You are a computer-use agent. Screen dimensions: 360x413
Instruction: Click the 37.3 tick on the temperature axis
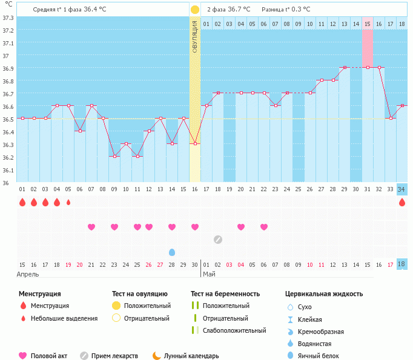point(8,18)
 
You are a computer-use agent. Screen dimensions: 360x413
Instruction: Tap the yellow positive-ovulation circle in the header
point(194,10)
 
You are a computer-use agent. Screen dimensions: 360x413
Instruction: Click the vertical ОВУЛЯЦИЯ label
point(194,37)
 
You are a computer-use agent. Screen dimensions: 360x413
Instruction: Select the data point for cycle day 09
point(114,157)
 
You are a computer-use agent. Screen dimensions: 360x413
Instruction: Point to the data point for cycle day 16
point(195,143)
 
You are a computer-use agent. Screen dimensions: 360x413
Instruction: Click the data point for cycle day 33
point(391,118)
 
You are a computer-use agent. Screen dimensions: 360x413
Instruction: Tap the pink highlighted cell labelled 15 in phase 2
point(368,24)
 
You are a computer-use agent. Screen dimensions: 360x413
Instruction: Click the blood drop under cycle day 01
point(22,202)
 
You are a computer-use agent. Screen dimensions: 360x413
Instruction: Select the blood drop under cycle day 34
point(402,202)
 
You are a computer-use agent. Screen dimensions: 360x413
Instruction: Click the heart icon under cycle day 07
point(91,227)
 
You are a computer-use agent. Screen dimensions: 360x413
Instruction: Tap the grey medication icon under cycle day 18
point(218,239)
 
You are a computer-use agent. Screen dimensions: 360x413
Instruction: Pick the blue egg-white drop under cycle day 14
point(172,252)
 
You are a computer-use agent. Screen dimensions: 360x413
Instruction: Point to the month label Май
point(209,274)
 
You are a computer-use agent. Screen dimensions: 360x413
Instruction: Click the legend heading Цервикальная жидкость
point(324,294)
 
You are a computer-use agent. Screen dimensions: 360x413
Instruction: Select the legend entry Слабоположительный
point(234,330)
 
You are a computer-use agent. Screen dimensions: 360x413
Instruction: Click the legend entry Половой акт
point(48,356)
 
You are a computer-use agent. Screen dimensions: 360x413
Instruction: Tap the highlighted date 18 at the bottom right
point(402,264)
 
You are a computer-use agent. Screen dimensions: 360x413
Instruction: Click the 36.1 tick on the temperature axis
point(8,170)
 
